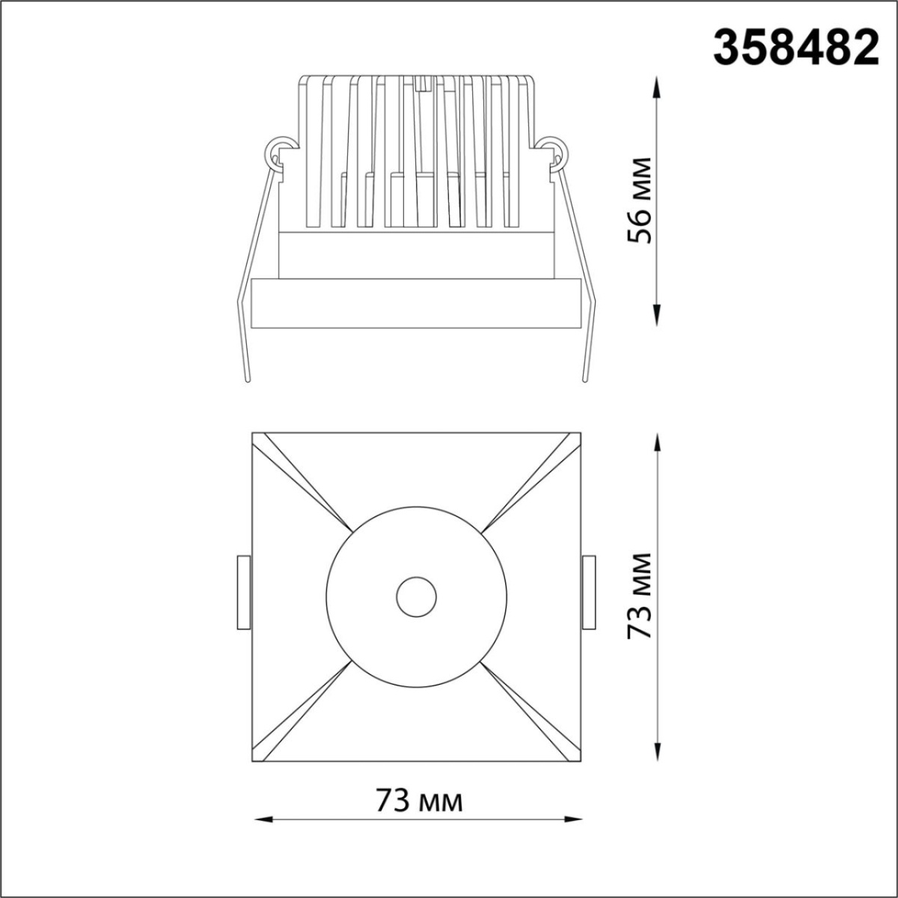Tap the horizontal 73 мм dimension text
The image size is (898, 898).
point(419,801)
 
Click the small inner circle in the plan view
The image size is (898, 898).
point(416,596)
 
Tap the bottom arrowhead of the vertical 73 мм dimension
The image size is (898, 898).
point(658,754)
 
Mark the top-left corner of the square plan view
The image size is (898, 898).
point(253,433)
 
